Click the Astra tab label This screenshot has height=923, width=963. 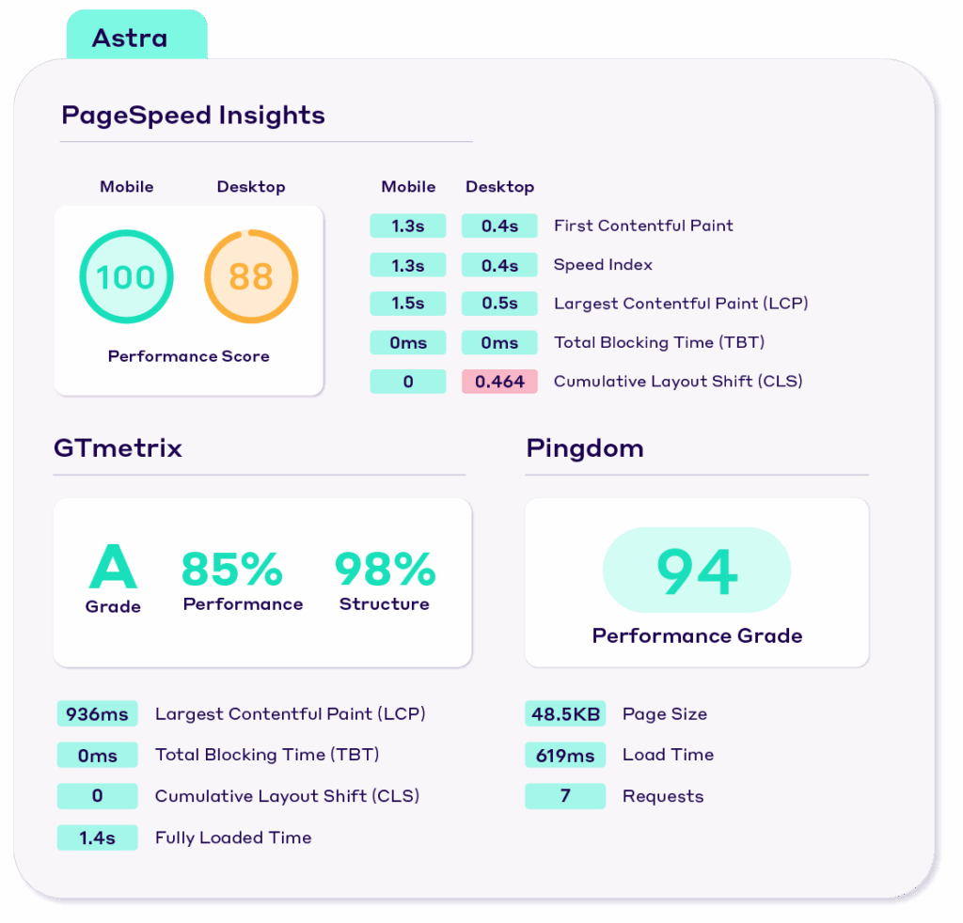[x=130, y=39]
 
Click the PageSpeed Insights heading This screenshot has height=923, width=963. [x=193, y=116]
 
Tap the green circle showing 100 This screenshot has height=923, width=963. [x=126, y=277]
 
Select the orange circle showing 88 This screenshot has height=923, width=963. [x=251, y=277]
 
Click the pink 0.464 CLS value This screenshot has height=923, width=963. [x=499, y=382]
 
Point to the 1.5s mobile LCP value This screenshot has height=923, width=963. [x=407, y=304]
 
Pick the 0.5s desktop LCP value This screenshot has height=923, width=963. [x=499, y=304]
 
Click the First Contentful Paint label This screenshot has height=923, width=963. [x=643, y=226]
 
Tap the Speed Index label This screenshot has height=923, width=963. [x=603, y=265]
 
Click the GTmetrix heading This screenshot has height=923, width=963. [x=118, y=447]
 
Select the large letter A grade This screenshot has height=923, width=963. [x=113, y=568]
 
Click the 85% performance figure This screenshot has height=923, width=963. [x=231, y=569]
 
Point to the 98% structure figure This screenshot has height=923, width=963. [x=385, y=569]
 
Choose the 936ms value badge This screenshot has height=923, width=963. [x=97, y=714]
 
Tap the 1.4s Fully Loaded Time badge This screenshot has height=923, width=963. [x=97, y=837]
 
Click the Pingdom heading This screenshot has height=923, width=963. [x=585, y=447]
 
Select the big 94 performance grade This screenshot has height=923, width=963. [x=697, y=571]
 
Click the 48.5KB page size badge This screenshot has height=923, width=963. [x=565, y=714]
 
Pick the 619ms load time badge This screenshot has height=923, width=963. [x=565, y=755]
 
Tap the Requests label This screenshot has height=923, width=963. [x=663, y=796]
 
